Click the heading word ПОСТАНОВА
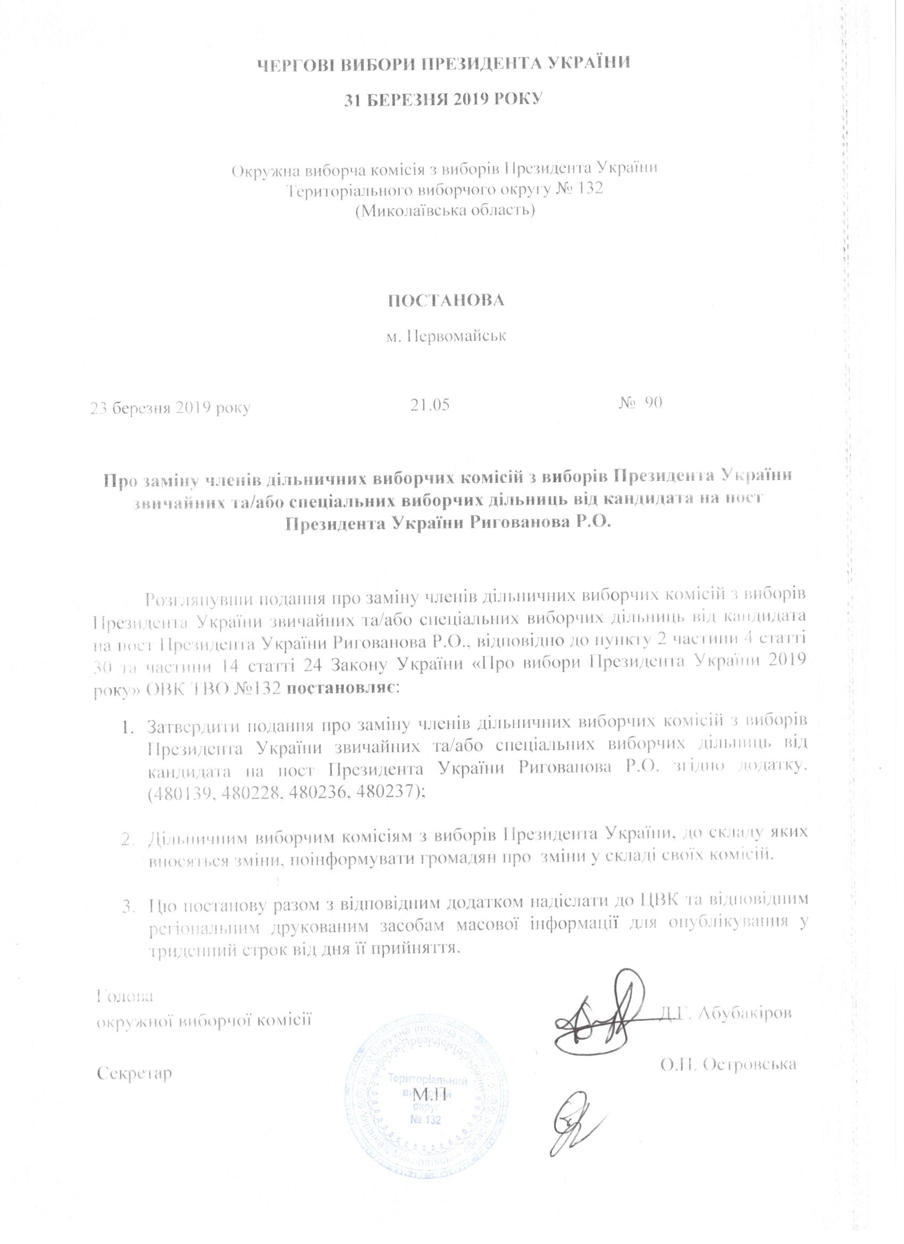[446, 301]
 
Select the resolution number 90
[652, 403]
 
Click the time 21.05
[430, 405]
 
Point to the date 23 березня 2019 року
[171, 408]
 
